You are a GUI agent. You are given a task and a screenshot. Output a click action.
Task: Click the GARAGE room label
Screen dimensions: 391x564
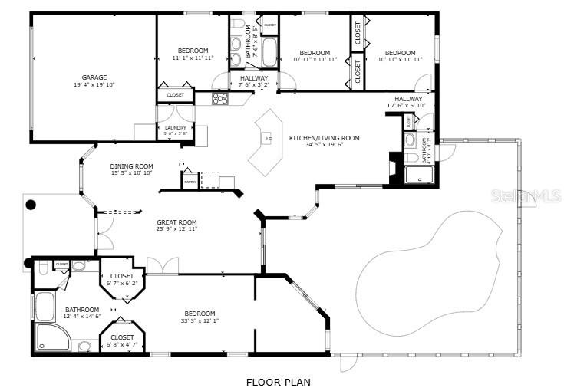(94, 77)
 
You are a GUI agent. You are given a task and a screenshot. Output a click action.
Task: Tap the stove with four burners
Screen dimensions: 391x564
(220, 98)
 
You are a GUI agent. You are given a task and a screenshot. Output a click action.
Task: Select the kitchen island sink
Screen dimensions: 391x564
(269, 139)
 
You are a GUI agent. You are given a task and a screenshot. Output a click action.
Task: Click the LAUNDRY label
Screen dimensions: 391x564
(176, 128)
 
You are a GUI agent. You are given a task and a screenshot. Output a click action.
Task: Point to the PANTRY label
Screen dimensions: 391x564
(189, 182)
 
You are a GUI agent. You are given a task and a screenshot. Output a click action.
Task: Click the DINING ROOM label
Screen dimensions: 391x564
(131, 166)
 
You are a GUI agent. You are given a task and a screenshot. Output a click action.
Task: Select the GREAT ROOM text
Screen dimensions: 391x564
(177, 223)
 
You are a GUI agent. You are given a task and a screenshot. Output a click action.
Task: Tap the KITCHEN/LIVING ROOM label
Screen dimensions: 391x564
(324, 138)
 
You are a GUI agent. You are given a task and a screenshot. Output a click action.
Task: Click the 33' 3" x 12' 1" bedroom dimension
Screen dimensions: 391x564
(200, 320)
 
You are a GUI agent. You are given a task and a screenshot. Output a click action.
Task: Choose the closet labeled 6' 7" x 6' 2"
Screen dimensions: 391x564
(122, 279)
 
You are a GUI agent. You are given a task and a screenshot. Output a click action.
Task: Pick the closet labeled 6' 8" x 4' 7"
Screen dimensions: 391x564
(122, 340)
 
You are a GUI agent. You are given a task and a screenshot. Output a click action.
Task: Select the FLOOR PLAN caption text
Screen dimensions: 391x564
(278, 381)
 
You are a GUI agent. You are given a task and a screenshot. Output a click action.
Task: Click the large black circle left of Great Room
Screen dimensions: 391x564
(31, 205)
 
